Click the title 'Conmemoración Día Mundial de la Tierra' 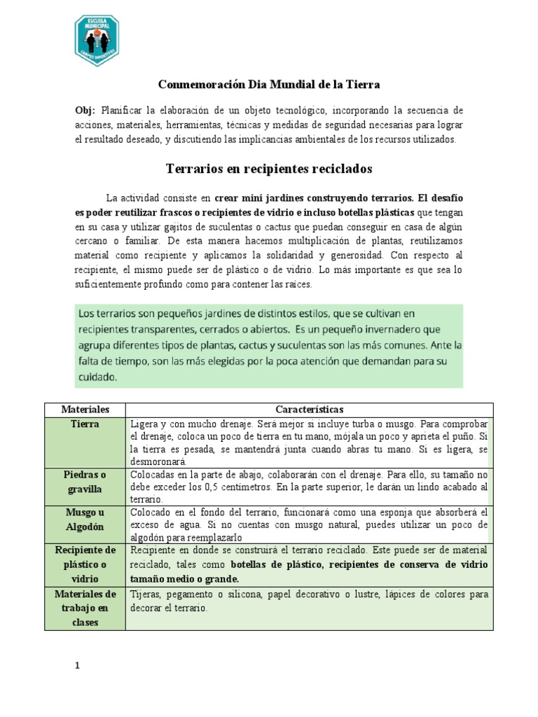(x=269, y=85)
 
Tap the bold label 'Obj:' (x=85, y=111)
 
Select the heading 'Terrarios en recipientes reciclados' (x=269, y=169)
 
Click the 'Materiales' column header (x=85, y=410)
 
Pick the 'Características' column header (x=309, y=410)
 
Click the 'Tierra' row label (x=85, y=424)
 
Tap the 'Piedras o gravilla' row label (x=85, y=481)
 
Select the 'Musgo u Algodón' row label (x=85, y=519)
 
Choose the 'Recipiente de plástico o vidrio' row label (x=85, y=564)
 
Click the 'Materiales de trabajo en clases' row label (x=85, y=608)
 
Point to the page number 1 (x=78, y=667)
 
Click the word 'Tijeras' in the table (x=146, y=594)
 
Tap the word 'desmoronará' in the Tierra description (x=157, y=462)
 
